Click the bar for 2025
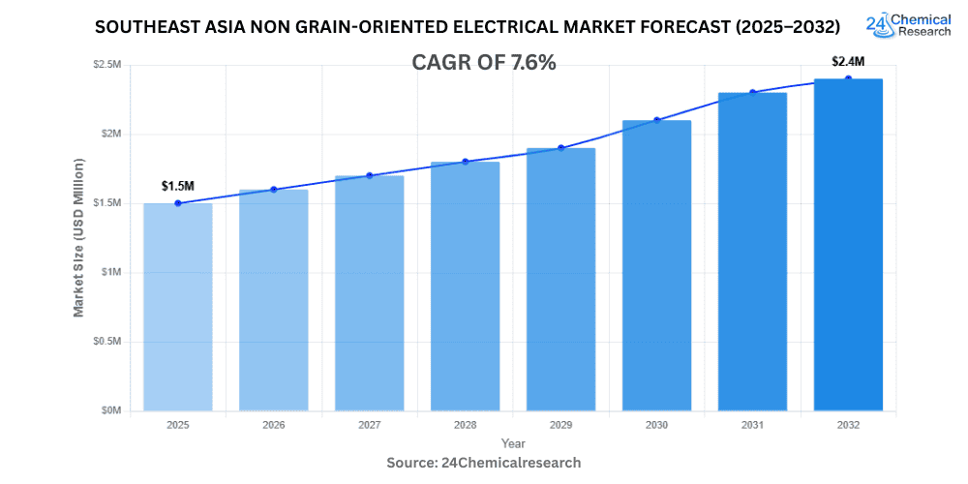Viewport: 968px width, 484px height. (x=177, y=307)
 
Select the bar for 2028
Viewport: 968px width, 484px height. (x=465, y=287)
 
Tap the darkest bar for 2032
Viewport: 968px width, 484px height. (x=848, y=245)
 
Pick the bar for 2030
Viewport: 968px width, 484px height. (x=656, y=265)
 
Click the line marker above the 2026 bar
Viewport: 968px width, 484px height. (x=273, y=190)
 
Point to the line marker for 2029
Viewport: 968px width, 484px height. (x=560, y=148)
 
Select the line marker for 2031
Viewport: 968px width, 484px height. (x=752, y=93)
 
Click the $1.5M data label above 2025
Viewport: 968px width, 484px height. (x=177, y=185)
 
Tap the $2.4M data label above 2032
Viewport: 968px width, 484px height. (x=848, y=61)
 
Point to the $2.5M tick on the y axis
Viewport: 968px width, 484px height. (x=106, y=65)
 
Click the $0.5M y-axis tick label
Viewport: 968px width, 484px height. (x=106, y=342)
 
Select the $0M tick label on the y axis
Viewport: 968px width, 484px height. (x=109, y=410)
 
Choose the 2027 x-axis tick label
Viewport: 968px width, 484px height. (x=369, y=425)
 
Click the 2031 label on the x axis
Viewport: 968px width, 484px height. (x=752, y=425)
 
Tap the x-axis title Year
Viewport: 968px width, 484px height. (x=513, y=443)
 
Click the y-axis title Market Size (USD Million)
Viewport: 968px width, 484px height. (x=78, y=237)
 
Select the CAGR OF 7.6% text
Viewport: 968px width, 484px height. (x=484, y=63)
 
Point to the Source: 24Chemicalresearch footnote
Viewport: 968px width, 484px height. (x=484, y=463)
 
